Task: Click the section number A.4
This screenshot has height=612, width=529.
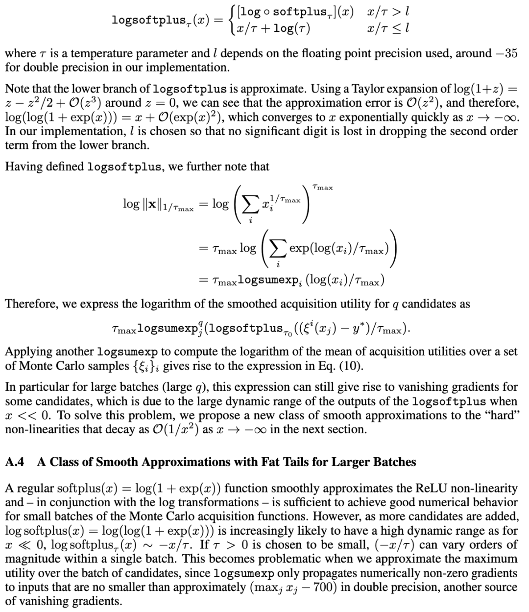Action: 15,462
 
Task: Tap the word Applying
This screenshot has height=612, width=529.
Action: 26,352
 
